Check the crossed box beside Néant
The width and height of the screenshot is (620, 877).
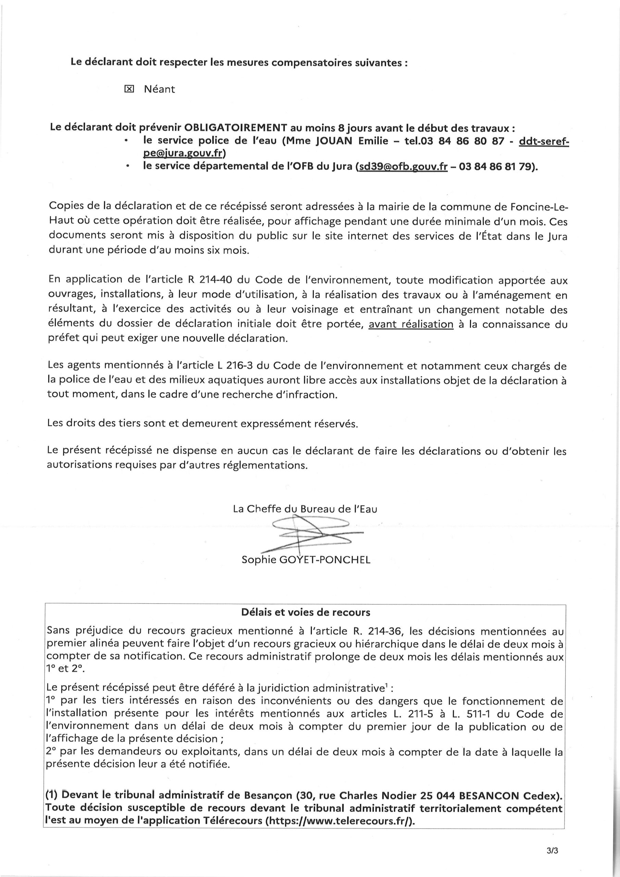129,89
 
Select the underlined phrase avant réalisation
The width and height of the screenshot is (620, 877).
411,324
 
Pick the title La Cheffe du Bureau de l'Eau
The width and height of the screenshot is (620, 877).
305,509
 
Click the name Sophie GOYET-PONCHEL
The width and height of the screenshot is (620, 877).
306,560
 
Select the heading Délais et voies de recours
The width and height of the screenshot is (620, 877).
306,612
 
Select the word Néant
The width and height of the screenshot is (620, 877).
159,89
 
